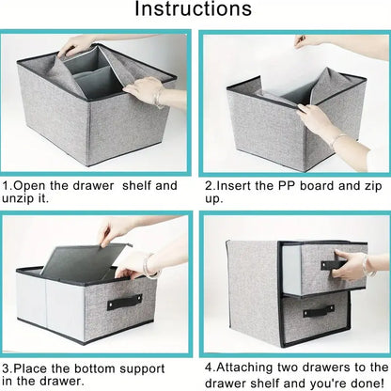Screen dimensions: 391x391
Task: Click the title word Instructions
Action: [x=193, y=8]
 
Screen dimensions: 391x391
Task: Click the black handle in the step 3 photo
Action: [x=124, y=302]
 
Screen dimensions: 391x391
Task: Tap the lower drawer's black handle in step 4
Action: [x=319, y=310]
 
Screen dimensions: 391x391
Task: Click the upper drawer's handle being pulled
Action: [x=332, y=265]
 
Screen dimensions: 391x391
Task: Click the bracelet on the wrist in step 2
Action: [x=337, y=140]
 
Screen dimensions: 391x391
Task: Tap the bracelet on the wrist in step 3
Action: [x=148, y=266]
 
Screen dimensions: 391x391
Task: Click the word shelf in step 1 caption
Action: [x=136, y=185]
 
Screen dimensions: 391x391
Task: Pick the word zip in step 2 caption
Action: [x=373, y=186]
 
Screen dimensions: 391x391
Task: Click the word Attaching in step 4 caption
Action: [x=244, y=368]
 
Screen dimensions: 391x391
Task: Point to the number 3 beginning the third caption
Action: [x=6, y=368]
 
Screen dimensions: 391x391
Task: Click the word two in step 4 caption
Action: [x=288, y=368]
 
